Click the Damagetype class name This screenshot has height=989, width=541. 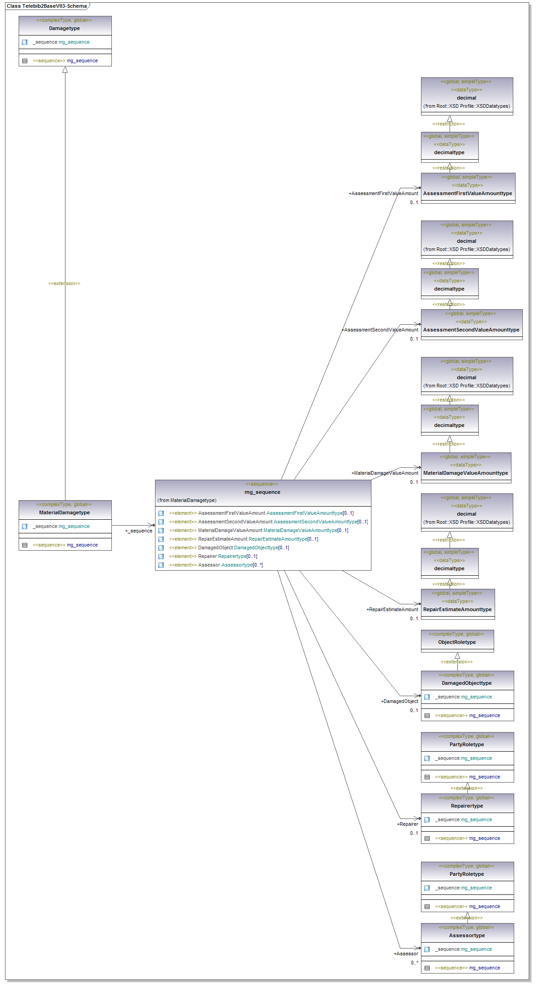pyautogui.click(x=65, y=28)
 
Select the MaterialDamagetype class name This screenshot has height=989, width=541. pyautogui.click(x=65, y=512)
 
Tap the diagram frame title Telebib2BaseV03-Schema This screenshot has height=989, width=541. pyautogui.click(x=47, y=6)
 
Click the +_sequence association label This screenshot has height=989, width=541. pyautogui.click(x=139, y=531)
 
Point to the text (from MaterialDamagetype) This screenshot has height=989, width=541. pyautogui.click(x=187, y=500)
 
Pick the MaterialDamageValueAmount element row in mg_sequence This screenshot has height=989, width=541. pyautogui.click(x=258, y=530)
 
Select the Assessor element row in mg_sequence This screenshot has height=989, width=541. pyautogui.click(x=216, y=565)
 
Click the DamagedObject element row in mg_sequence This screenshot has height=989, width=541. pyautogui.click(x=229, y=547)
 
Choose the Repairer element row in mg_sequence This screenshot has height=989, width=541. pyautogui.click(x=213, y=556)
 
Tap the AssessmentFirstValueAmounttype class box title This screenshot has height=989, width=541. pyautogui.click(x=467, y=193)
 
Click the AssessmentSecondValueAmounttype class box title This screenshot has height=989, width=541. pyautogui.click(x=471, y=330)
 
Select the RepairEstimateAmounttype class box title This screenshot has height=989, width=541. pyautogui.click(x=457, y=609)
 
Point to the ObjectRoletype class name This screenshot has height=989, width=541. pyautogui.click(x=457, y=642)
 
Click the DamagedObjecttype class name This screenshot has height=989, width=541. pyautogui.click(x=467, y=683)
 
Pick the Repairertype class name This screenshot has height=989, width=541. pyautogui.click(x=467, y=806)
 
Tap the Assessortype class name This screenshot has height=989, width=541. pyautogui.click(x=467, y=935)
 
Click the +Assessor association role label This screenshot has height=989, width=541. pyautogui.click(x=406, y=954)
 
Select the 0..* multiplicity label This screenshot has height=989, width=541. pyautogui.click(x=414, y=963)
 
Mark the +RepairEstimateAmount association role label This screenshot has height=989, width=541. pyautogui.click(x=392, y=609)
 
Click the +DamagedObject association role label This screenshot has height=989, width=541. pyautogui.click(x=399, y=701)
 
